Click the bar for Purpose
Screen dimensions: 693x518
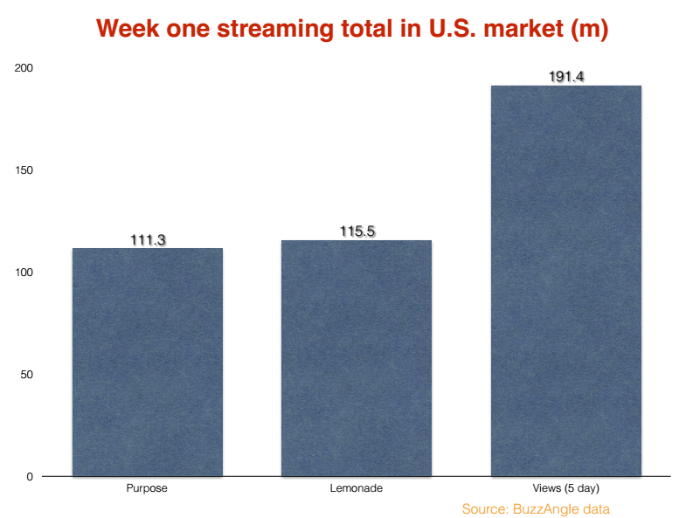point(148,363)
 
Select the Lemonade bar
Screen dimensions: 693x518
point(357,358)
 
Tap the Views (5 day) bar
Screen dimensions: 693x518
point(566,281)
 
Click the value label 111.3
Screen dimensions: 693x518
point(148,240)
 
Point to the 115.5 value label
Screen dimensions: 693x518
point(357,231)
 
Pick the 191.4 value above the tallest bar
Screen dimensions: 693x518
point(566,77)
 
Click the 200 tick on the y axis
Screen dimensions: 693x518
point(24,67)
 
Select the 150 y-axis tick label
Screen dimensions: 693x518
point(24,170)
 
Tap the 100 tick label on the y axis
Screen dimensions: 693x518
point(24,272)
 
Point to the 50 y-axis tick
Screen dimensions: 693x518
point(26,375)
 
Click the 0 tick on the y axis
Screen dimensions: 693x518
point(30,476)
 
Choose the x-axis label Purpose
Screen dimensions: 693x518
point(147,488)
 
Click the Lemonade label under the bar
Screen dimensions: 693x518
point(357,488)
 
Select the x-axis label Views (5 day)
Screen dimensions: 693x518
point(566,488)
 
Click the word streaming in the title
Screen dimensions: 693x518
point(275,29)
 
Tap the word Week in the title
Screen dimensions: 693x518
point(128,28)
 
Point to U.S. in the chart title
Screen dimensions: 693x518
point(453,28)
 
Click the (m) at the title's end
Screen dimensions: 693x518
point(590,29)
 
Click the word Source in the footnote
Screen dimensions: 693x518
point(485,509)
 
